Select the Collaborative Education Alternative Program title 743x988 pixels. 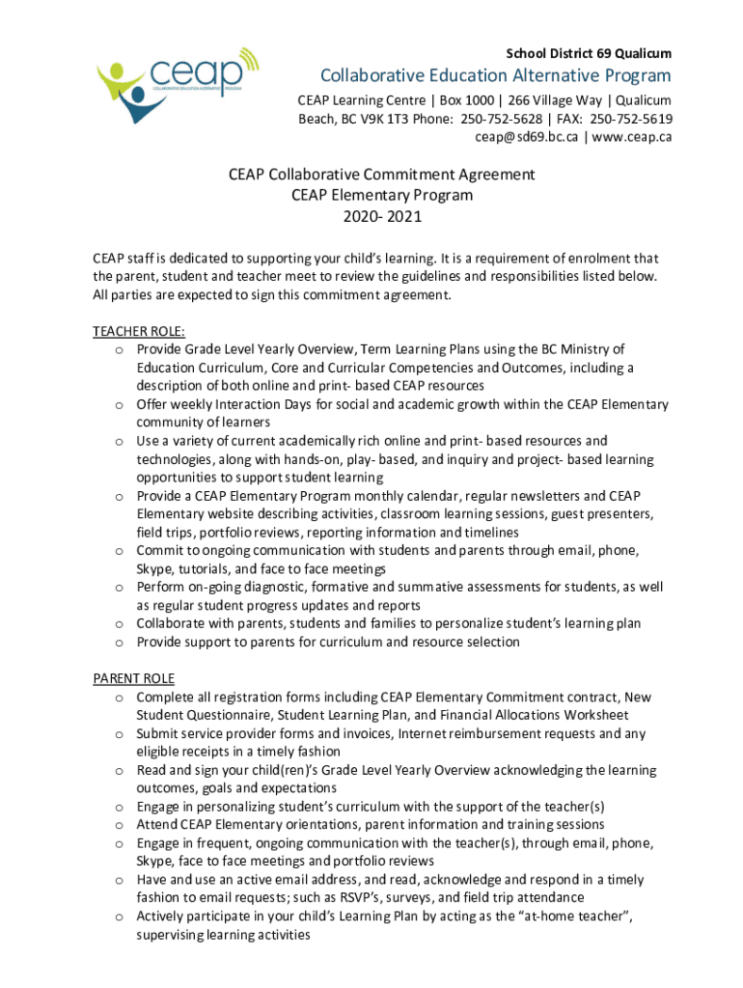[x=496, y=76]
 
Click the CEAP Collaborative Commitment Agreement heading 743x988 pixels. [x=381, y=175]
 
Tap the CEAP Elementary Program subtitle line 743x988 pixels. [x=381, y=196]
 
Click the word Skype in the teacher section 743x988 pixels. [x=155, y=569]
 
